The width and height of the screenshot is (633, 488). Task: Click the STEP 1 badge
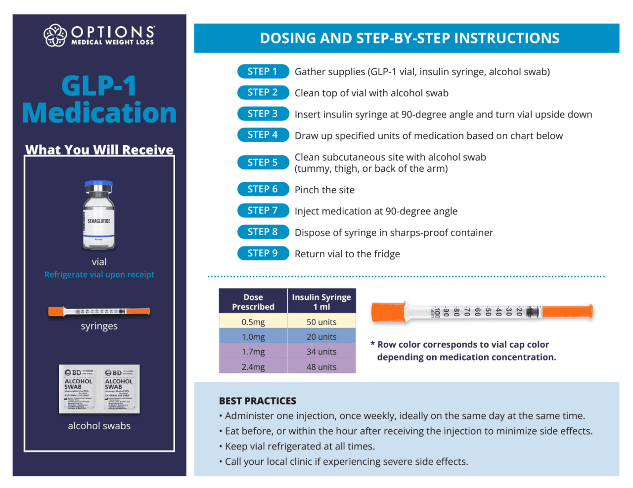(263, 72)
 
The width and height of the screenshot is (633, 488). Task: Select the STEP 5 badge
(263, 163)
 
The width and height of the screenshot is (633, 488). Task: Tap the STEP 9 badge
(263, 253)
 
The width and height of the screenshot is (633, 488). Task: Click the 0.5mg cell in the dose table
(253, 322)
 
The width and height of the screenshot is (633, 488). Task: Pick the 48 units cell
(321, 367)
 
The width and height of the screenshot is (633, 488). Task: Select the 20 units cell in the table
(321, 337)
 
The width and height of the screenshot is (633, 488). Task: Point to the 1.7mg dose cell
(253, 352)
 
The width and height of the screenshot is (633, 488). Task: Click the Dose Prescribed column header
(253, 302)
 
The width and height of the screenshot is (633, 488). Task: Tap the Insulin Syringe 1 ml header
(321, 302)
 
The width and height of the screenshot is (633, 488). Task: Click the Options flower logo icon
(55, 36)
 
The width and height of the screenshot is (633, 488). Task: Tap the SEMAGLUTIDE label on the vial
(99, 221)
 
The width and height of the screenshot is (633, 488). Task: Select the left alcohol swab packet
(79, 389)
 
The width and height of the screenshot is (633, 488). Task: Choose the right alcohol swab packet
(119, 389)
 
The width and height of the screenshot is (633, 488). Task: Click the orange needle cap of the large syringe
(388, 312)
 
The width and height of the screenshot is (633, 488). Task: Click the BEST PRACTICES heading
(258, 401)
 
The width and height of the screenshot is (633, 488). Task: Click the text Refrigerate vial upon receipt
(99, 275)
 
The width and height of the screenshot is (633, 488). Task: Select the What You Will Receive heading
(99, 150)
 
